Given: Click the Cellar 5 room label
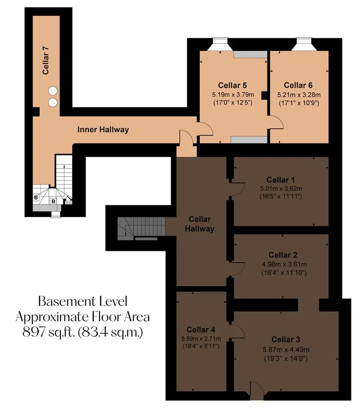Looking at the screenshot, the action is click(232, 85).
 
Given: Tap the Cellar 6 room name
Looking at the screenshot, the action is click(298, 85).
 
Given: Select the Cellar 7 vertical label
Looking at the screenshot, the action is click(45, 60).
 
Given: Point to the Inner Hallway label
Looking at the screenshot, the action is click(103, 130).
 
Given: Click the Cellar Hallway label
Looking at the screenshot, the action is click(200, 224).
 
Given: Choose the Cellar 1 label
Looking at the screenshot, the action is click(281, 180).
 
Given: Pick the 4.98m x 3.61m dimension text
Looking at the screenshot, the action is click(284, 264).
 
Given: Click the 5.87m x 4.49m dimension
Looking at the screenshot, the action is click(286, 350).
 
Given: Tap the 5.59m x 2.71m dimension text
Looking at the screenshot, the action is click(201, 339).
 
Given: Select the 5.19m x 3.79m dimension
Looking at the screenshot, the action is click(233, 95).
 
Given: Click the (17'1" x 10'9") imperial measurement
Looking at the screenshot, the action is click(299, 103).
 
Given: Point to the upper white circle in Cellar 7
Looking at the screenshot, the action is click(53, 91).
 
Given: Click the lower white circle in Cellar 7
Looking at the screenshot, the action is click(53, 102).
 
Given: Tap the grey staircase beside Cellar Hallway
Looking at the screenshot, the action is click(141, 228).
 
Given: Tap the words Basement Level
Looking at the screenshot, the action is click(83, 301).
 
